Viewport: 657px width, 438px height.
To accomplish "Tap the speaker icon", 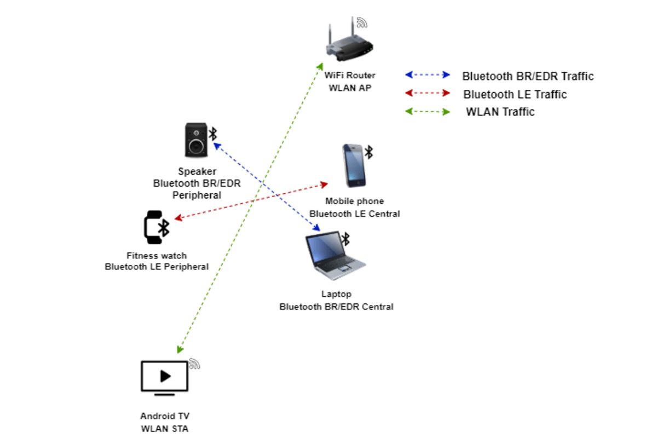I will pyautogui.click(x=195, y=140).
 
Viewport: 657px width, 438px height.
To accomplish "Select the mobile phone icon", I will pyautogui.click(x=354, y=165).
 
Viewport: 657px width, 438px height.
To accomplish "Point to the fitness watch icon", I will pyautogui.click(x=154, y=227).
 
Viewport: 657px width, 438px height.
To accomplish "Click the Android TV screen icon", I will pyautogui.click(x=164, y=377).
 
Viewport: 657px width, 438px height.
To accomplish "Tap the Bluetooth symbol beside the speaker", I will pyautogui.click(x=214, y=133).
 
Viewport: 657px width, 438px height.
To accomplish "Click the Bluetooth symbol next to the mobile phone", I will pyautogui.click(x=369, y=152).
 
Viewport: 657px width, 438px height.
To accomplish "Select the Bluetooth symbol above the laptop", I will pyautogui.click(x=345, y=239).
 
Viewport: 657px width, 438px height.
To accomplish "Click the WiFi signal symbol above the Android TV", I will pyautogui.click(x=194, y=364).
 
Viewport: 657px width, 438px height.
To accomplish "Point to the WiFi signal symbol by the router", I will pyautogui.click(x=361, y=22).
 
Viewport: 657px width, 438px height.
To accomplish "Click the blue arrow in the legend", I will pyautogui.click(x=427, y=75).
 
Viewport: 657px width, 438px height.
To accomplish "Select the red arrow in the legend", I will pyautogui.click(x=427, y=94).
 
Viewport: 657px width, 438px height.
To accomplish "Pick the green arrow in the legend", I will pyautogui.click(x=427, y=112).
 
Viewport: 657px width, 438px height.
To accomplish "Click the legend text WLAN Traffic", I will pyautogui.click(x=500, y=112).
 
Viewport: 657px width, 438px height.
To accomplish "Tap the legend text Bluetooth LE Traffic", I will pyautogui.click(x=515, y=94).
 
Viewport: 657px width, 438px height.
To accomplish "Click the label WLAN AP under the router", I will pyautogui.click(x=349, y=88).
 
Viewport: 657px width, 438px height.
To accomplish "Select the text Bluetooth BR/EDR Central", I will pyautogui.click(x=336, y=307).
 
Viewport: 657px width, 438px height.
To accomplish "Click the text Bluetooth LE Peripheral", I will pyautogui.click(x=157, y=267).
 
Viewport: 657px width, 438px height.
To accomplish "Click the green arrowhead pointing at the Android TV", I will pyautogui.click(x=180, y=349).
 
